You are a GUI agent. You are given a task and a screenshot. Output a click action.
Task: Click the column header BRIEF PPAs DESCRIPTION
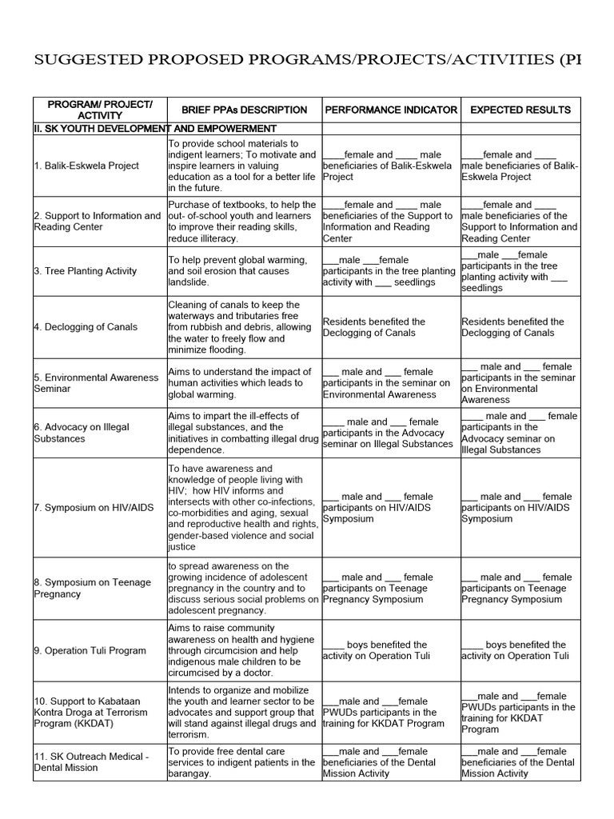pos(244,110)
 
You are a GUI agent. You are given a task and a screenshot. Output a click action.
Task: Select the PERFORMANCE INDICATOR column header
pos(390,110)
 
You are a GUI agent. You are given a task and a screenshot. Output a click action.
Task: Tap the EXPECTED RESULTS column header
pos(520,110)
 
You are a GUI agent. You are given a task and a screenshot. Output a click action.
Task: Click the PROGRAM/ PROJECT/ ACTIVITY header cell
pos(99,110)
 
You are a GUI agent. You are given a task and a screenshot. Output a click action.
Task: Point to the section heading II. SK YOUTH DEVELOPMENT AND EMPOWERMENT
pos(155,129)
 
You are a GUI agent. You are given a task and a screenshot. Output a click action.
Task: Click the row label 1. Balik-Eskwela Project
pos(86,166)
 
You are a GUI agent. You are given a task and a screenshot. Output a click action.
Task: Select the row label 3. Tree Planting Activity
pos(86,271)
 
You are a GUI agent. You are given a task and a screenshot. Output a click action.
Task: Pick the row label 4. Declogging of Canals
pos(86,327)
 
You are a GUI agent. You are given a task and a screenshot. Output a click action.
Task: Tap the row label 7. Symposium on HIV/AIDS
pos(92,508)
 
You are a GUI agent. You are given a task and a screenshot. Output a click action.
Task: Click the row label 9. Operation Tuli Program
pos(90,650)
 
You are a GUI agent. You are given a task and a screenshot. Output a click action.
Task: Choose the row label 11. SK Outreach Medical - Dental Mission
pos(91,762)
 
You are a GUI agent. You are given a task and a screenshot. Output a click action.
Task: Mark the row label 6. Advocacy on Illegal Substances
pos(82,433)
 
